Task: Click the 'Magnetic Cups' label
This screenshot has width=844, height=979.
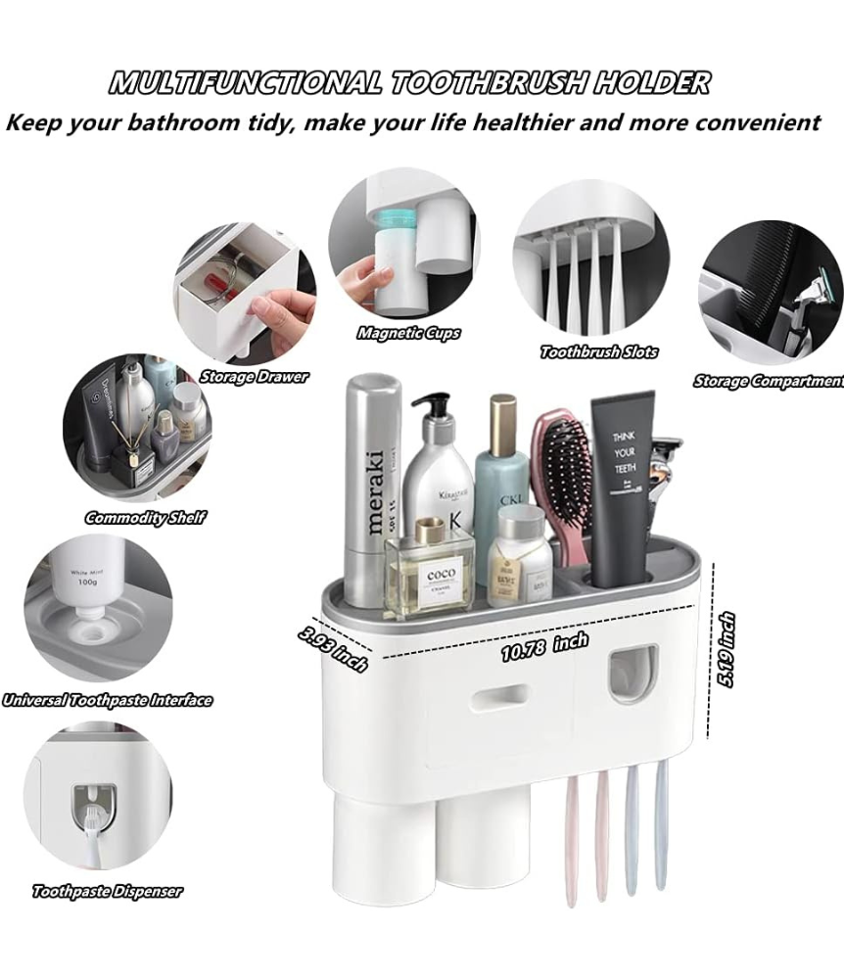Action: pyautogui.click(x=408, y=333)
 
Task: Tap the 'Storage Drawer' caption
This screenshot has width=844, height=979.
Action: pyautogui.click(x=254, y=376)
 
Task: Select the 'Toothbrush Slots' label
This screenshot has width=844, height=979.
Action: pyautogui.click(x=599, y=351)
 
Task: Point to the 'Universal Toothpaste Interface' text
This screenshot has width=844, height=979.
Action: pyautogui.click(x=107, y=700)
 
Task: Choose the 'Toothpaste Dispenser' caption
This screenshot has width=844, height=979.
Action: pyautogui.click(x=107, y=891)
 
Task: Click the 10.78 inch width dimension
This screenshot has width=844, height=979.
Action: pyautogui.click(x=544, y=647)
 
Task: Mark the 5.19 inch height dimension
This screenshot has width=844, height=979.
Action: pyautogui.click(x=726, y=649)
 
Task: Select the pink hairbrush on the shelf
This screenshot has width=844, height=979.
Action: pyautogui.click(x=561, y=480)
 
